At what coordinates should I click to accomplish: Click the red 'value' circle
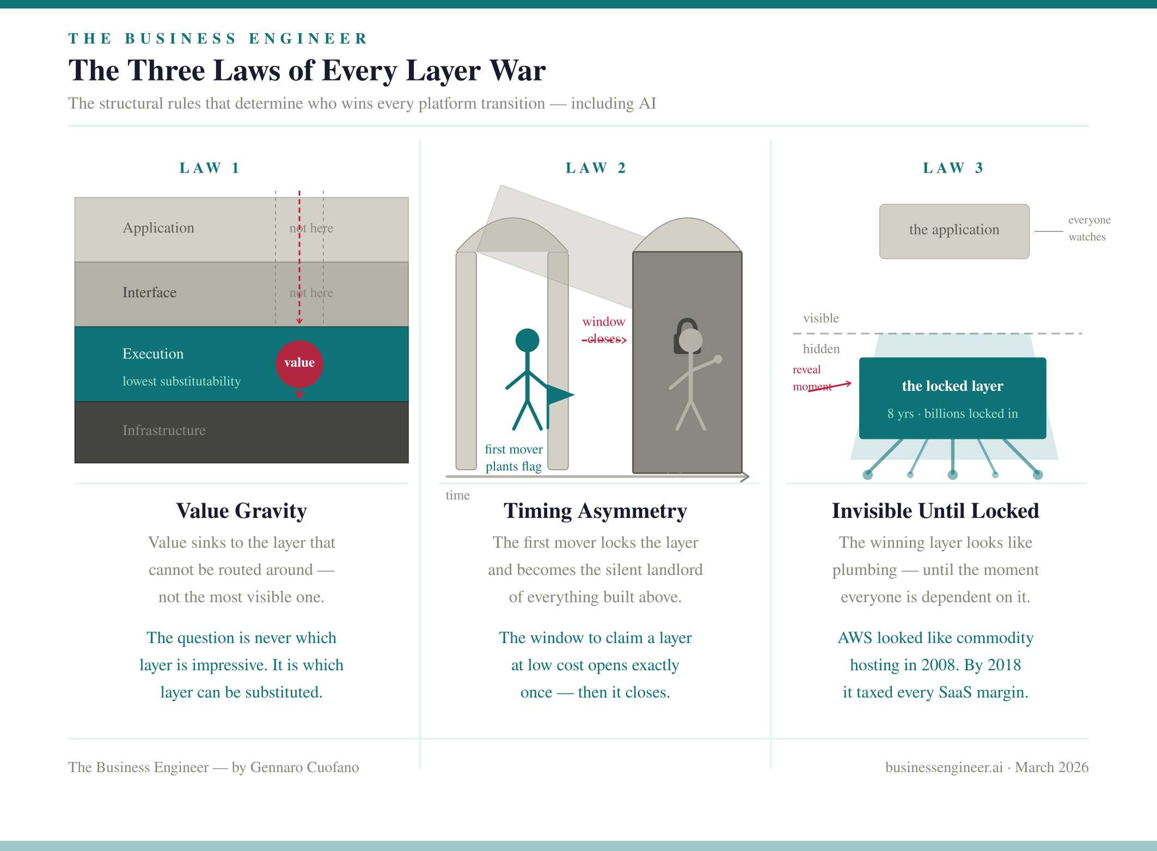(299, 363)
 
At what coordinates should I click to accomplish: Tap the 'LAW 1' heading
(209, 168)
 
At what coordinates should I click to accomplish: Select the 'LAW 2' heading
(595, 168)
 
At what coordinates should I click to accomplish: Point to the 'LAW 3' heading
(952, 168)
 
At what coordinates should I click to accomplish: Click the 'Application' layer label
(158, 228)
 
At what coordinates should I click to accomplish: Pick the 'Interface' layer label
(149, 292)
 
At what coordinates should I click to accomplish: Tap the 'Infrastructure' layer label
(164, 430)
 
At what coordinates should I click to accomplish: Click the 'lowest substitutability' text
(181, 381)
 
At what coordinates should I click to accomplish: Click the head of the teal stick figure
(527, 340)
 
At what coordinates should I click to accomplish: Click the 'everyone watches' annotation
(1088, 228)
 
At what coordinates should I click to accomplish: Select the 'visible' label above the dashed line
(821, 318)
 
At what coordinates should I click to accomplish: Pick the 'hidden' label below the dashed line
(821, 348)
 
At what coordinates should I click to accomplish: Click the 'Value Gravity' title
(241, 511)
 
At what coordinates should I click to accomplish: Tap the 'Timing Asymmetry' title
(595, 511)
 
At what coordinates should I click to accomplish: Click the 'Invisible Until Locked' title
(935, 511)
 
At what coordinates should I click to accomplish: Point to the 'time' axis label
(457, 495)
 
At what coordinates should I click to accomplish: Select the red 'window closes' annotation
(604, 330)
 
